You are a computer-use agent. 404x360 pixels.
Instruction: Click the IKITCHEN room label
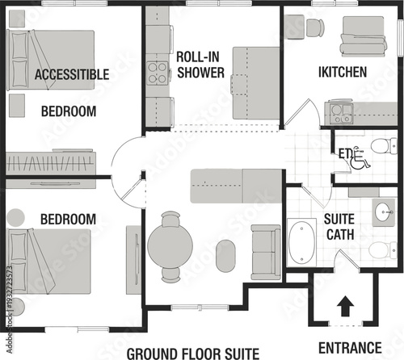click(343, 72)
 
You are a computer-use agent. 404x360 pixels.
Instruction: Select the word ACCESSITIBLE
click(72, 74)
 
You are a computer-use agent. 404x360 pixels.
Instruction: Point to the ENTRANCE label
click(349, 348)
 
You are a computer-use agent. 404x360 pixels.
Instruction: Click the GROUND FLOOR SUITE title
click(192, 353)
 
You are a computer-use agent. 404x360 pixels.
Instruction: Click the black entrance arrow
click(344, 306)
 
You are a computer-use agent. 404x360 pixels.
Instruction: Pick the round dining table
click(170, 246)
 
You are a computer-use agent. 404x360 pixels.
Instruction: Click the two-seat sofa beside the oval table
click(265, 250)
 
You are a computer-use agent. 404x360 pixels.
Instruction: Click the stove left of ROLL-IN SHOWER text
click(157, 73)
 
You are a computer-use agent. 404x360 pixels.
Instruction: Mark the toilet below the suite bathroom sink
click(380, 249)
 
